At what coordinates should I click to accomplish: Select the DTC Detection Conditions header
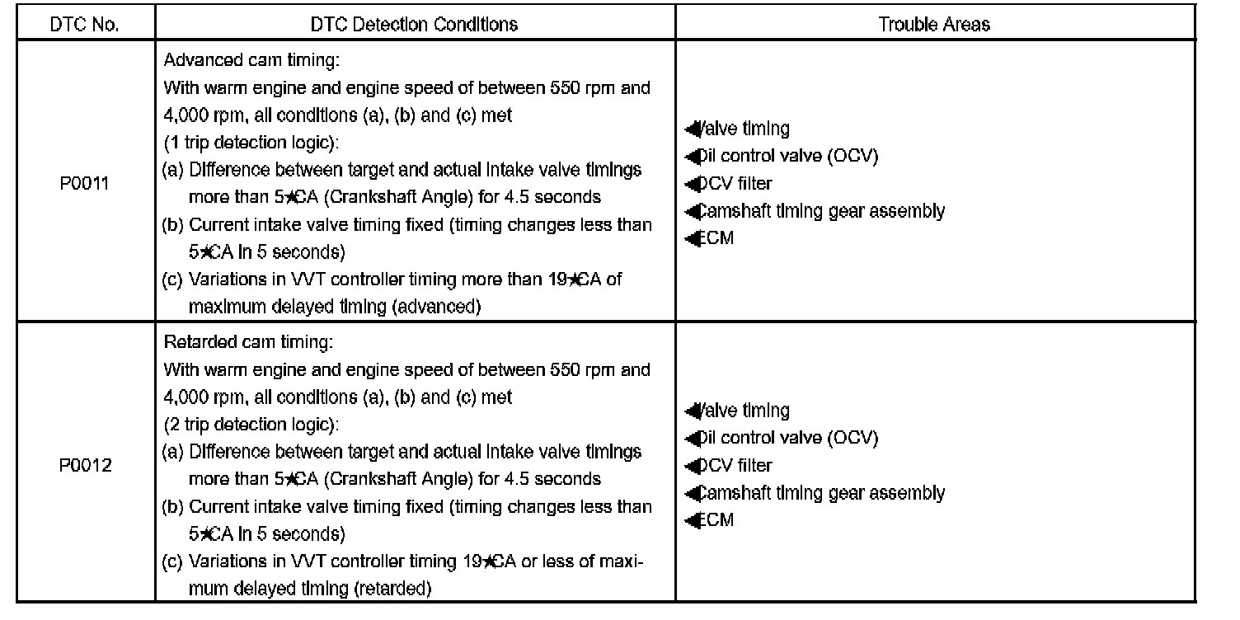414,25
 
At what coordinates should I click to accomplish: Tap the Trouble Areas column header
934,25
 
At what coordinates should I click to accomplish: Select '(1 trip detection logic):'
251,143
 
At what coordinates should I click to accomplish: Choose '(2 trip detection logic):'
251,425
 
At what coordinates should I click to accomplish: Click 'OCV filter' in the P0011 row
734,183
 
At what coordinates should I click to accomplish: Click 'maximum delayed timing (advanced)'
334,307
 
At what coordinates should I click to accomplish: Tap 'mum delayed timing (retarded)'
310,589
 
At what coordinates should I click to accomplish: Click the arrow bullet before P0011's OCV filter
691,184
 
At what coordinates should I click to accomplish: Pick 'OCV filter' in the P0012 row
734,466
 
